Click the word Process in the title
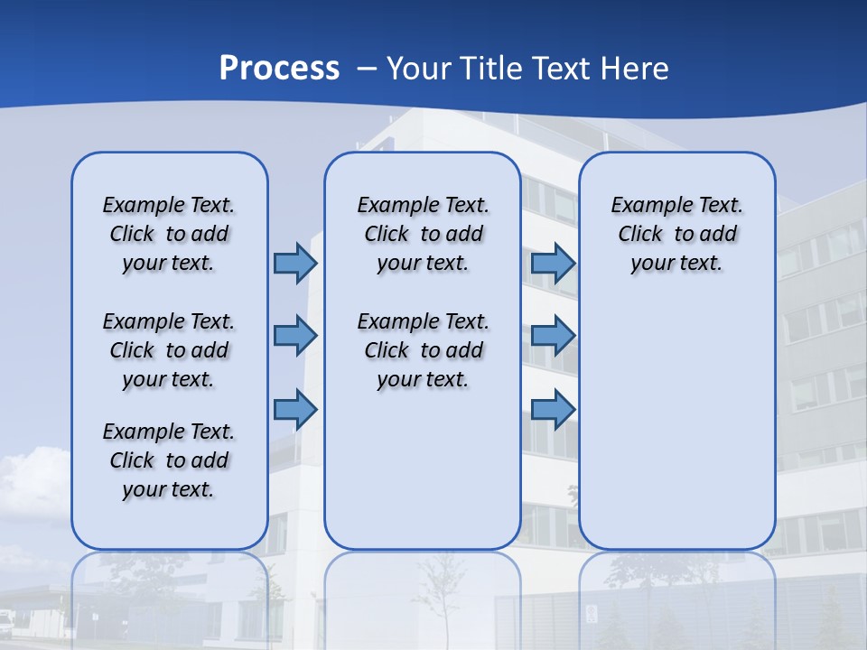279,69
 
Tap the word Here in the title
633,69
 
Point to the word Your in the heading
420,69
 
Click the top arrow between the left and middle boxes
295,264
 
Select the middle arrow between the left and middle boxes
295,336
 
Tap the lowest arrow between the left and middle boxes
295,410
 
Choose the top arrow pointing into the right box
553,264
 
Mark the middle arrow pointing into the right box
553,336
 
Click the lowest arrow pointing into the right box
553,410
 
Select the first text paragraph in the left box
169,234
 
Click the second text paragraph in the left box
169,350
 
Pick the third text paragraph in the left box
169,460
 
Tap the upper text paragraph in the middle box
423,234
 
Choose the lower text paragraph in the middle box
423,350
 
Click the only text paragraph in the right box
676,234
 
